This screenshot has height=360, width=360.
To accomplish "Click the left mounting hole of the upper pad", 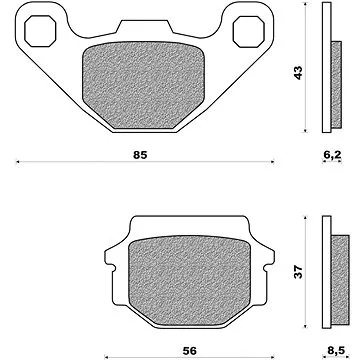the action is (x=40, y=31).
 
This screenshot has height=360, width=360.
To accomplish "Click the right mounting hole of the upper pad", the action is (x=249, y=31).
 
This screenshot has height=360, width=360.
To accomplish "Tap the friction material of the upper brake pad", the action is (x=143, y=85).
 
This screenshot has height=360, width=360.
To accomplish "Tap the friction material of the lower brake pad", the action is (x=189, y=280).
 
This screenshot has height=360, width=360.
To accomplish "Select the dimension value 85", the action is (x=140, y=155).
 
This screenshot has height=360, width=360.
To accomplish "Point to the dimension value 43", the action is (x=298, y=73).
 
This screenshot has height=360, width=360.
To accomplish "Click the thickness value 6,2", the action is (x=332, y=155).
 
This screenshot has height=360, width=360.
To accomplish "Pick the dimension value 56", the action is (x=189, y=351).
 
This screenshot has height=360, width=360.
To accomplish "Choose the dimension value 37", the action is (x=298, y=272).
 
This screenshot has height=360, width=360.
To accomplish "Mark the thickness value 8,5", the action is (x=336, y=350).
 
